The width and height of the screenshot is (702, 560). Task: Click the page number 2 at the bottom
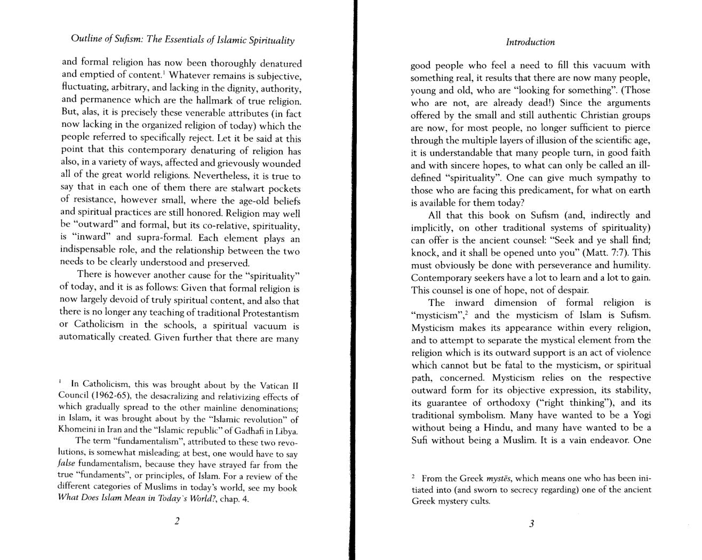pos(177,521)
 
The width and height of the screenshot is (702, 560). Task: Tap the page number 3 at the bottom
pos(531,523)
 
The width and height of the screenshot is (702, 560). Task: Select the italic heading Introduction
pos(530,42)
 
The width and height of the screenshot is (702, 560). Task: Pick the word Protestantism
pos(270,313)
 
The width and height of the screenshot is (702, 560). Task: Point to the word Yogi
pos(640,415)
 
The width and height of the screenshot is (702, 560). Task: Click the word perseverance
pos(562,265)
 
